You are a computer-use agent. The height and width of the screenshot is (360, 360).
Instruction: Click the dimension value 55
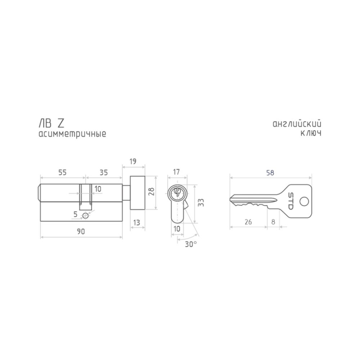click(62, 172)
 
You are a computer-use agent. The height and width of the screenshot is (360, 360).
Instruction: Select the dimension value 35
click(104, 172)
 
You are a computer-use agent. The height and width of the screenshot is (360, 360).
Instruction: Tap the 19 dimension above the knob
click(133, 161)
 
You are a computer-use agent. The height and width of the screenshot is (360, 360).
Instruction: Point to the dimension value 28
click(151, 191)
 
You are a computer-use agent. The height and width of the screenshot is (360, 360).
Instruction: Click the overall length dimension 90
click(81, 231)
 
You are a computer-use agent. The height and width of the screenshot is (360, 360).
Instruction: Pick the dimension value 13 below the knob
click(136, 222)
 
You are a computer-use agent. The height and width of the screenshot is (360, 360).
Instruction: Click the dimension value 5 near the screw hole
click(75, 214)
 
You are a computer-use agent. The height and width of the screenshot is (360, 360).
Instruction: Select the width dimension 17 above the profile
click(176, 172)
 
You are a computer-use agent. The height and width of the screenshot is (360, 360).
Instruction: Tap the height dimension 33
click(201, 202)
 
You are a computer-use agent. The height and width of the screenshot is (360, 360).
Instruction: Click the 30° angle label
click(191, 244)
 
